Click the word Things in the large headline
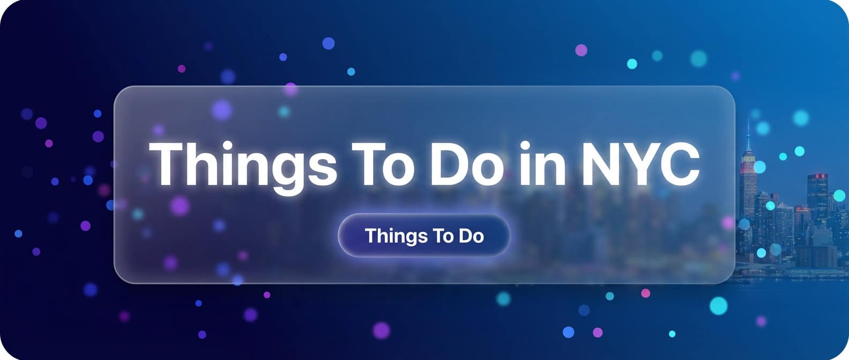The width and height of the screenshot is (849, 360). pos(242,163)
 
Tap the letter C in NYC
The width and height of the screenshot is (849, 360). pos(679,163)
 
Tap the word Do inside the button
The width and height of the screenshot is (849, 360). pos(471,236)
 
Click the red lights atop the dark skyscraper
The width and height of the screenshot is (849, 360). pos(818,176)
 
